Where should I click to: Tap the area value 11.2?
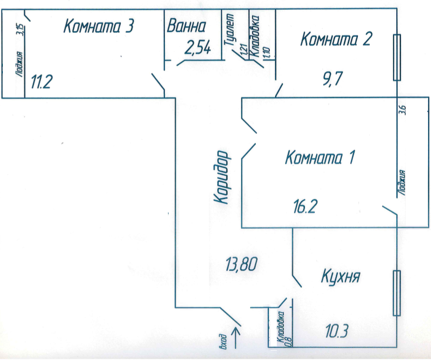tap(41, 82)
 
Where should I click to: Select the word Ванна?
tap(186, 26)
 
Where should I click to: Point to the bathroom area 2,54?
tap(197, 48)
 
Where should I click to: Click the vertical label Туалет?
tap(230, 30)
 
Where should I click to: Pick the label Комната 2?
tap(335, 39)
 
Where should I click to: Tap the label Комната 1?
tap(320, 157)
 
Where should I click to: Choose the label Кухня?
tap(340, 277)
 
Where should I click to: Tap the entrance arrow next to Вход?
tap(236, 338)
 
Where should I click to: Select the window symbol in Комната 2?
tap(397, 58)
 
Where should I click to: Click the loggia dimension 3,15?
tap(19, 34)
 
